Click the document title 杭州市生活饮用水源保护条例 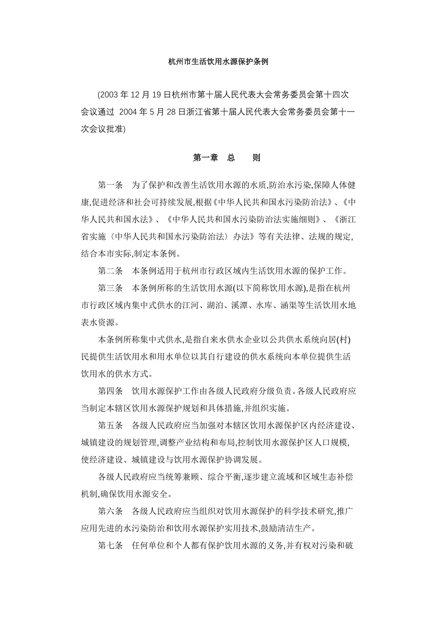tap(218, 62)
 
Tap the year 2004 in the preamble tap(130, 112)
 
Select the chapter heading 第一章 tap(205, 158)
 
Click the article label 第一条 tap(111, 185)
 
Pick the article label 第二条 tap(111, 272)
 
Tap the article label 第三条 tap(111, 289)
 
